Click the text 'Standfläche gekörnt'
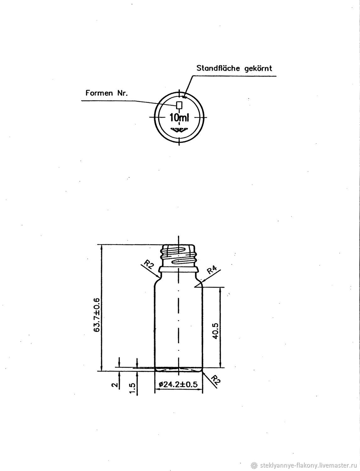[234, 68]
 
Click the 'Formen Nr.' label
[107, 93]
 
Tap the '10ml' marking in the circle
[179, 117]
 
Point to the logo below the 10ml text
[179, 130]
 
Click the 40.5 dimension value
[216, 331]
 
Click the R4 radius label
[212, 271]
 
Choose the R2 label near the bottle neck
[149, 264]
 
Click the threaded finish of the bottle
[179, 255]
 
